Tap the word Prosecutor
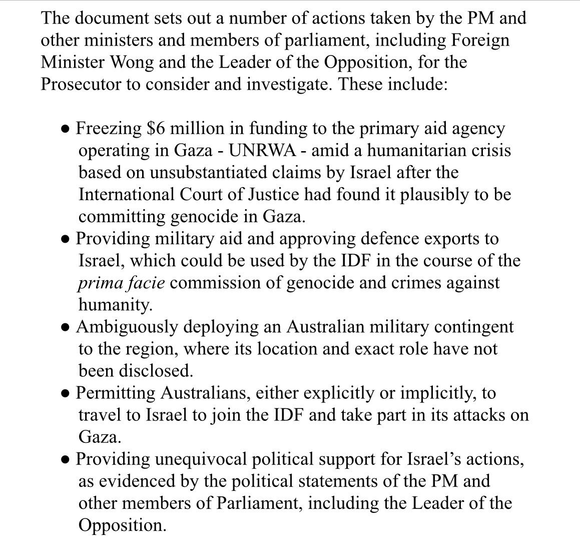(81, 84)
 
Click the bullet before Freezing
(65, 129)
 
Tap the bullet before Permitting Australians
(65, 394)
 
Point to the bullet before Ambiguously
(65, 328)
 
